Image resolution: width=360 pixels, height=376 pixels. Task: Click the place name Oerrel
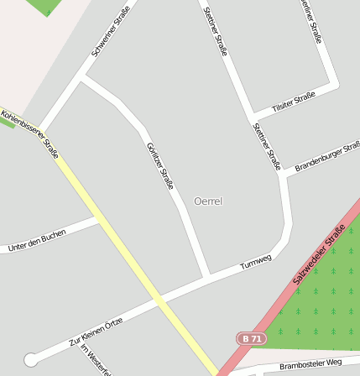(x=207, y=201)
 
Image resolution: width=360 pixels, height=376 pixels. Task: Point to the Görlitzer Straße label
(x=159, y=165)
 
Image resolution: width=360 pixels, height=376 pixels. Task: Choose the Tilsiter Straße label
(x=294, y=102)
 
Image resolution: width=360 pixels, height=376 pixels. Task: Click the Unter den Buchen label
(x=36, y=242)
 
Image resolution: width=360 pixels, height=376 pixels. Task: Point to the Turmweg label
(x=256, y=261)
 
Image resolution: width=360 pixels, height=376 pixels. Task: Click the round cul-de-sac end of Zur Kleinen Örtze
(x=31, y=359)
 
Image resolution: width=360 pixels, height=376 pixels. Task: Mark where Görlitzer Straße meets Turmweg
(x=206, y=275)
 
